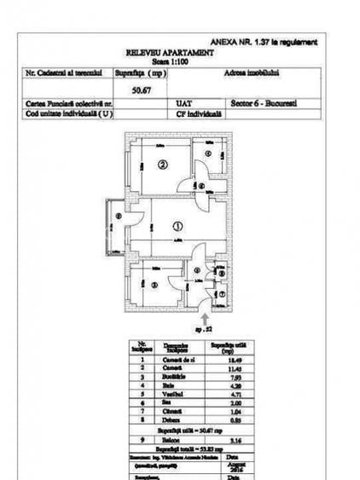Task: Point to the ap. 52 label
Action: [202, 328]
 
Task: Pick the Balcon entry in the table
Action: [169, 440]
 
